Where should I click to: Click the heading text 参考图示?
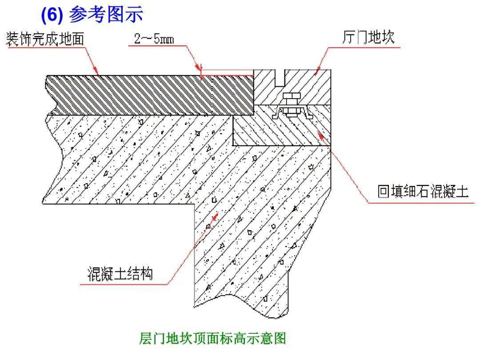pos(106,14)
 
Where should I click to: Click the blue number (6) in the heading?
pos(52,15)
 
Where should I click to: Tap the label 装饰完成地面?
pos(45,39)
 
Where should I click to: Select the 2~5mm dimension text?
pos(154,39)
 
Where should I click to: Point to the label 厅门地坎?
pos(368,37)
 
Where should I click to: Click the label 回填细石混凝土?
pos(423,192)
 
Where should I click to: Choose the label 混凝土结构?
pos(120,273)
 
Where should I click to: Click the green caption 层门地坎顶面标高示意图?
pos(212,339)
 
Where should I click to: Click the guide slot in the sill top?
pos(280,78)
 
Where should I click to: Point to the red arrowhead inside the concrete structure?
pos(215,217)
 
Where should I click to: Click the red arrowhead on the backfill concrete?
pos(320,133)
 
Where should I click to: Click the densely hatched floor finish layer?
pos(150,95)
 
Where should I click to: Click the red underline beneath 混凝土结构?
pos(124,284)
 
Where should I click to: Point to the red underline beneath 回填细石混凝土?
pos(421,203)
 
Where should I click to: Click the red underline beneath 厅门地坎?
pos(364,48)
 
